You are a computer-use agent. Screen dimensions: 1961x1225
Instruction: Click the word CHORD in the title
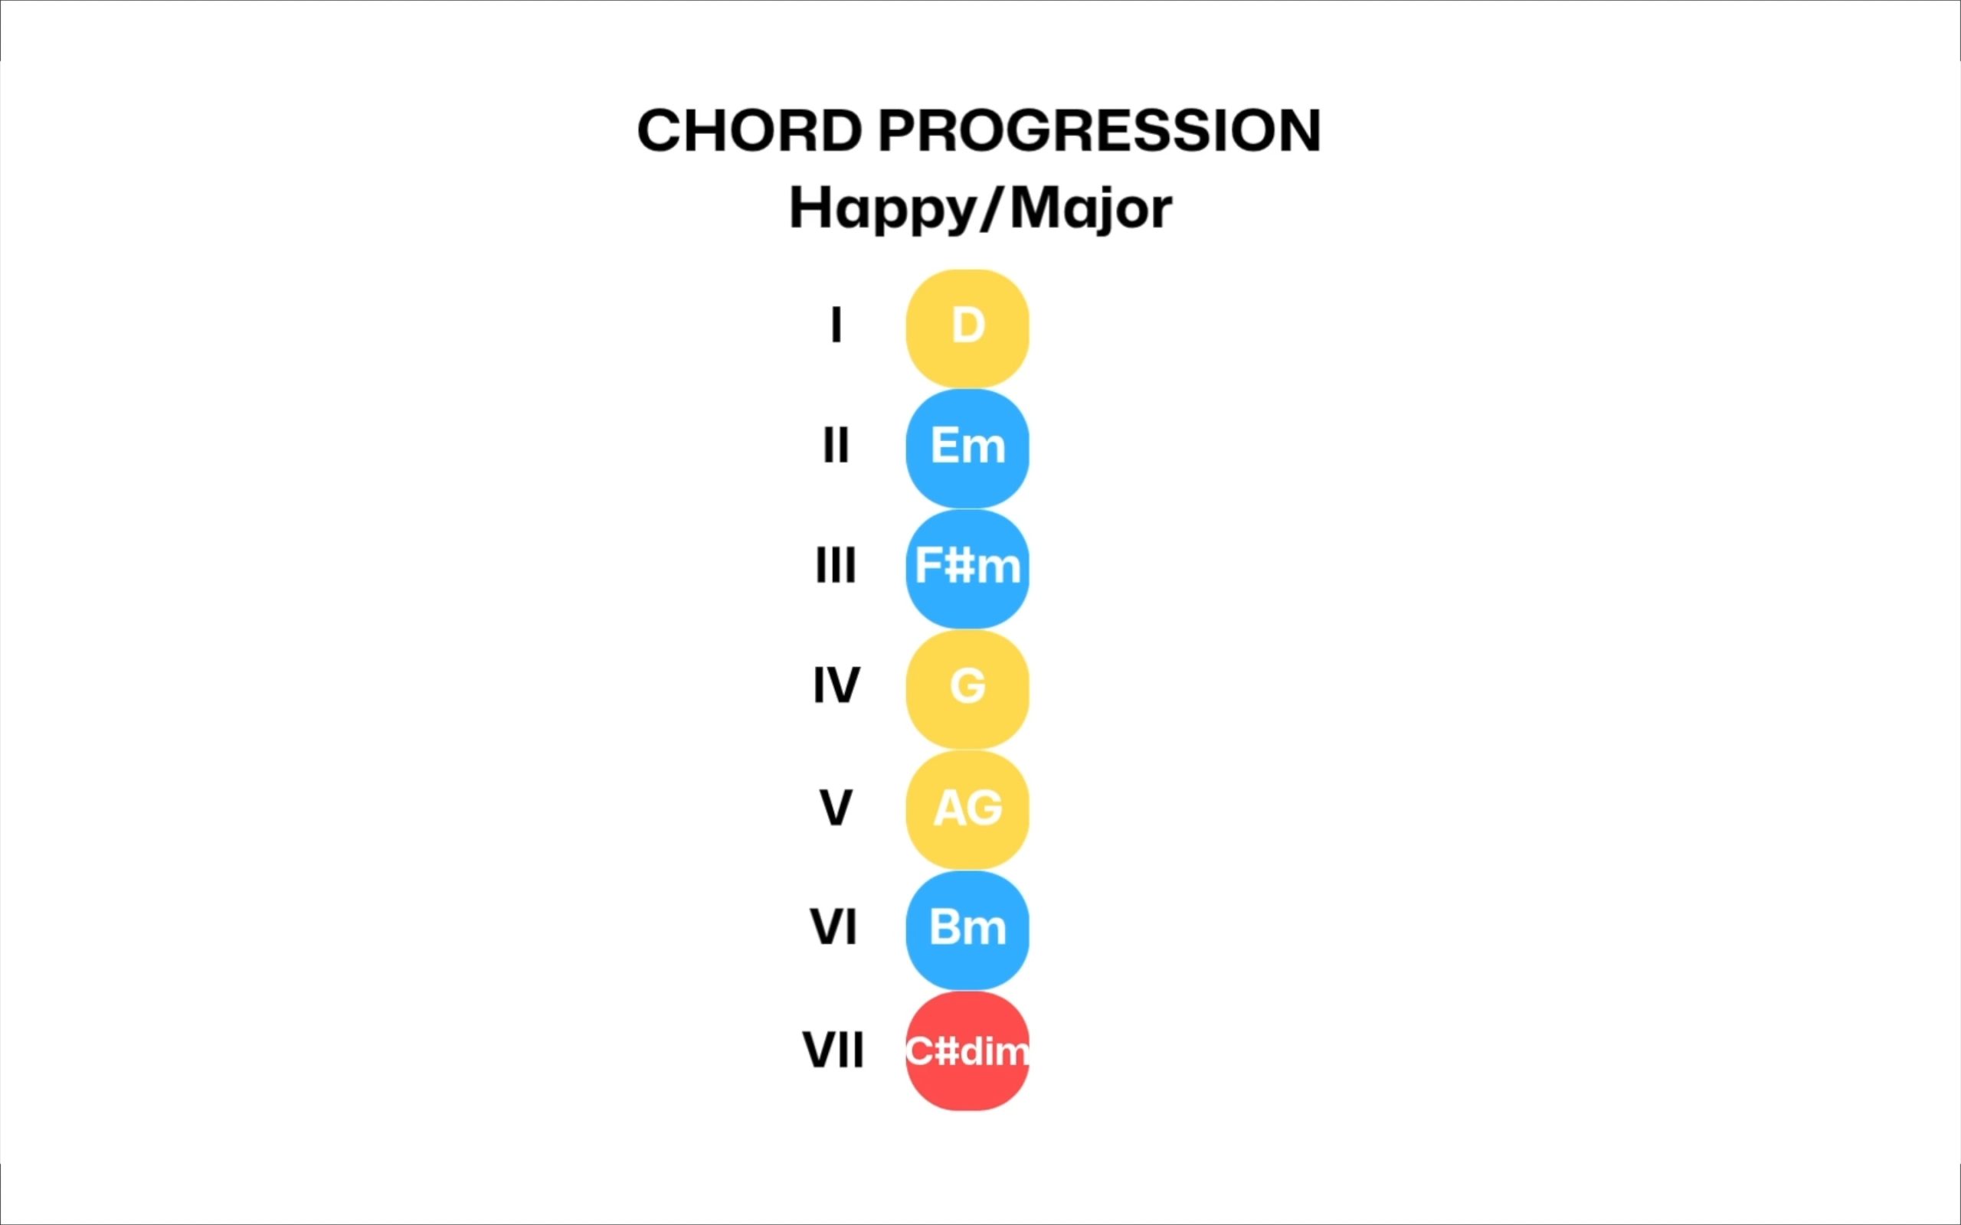[x=750, y=130]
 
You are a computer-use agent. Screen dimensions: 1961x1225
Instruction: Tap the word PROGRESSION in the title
[x=1101, y=130]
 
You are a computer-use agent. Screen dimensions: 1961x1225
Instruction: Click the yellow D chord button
[x=967, y=328]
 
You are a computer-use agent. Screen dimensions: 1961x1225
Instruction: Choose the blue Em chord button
[x=967, y=448]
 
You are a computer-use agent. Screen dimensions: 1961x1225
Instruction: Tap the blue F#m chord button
[x=967, y=569]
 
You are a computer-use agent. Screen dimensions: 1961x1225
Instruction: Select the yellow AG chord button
[x=967, y=809]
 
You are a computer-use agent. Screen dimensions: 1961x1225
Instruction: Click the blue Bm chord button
[x=967, y=930]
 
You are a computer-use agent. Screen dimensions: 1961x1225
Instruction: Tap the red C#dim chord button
[x=967, y=1050]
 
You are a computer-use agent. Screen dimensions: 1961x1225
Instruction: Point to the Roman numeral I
[x=836, y=325]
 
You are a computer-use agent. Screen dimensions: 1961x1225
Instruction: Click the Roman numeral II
[x=836, y=445]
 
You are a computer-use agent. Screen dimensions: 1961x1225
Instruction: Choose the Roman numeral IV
[x=836, y=685]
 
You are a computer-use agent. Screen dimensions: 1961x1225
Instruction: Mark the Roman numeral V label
[x=836, y=807]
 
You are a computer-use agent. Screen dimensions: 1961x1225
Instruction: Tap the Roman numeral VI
[x=834, y=927]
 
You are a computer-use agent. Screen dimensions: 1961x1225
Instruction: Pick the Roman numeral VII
[x=833, y=1050]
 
